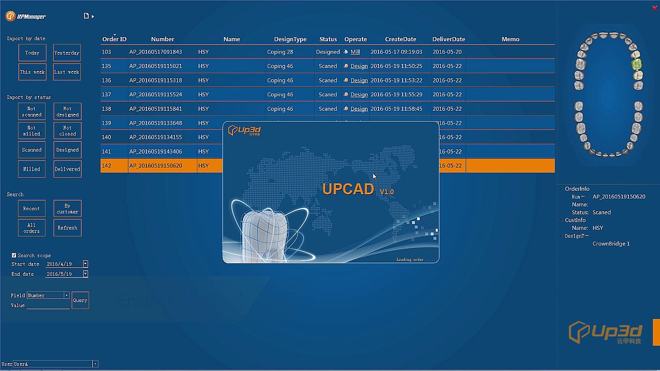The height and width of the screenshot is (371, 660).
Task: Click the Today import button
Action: [32, 53]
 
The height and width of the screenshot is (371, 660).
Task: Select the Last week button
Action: [67, 72]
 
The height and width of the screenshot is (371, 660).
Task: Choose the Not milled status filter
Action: [31, 131]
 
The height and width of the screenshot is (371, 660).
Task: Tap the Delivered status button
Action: [68, 169]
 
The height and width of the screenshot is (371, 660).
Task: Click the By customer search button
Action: [68, 209]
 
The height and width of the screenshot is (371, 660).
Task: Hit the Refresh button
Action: [68, 228]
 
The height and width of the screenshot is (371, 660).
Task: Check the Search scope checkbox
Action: [14, 255]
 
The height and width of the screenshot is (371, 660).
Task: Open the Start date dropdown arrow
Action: [85, 264]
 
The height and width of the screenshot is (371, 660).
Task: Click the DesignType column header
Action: [290, 39]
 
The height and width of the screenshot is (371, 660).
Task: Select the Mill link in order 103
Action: [355, 52]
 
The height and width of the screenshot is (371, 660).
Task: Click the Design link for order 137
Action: [359, 95]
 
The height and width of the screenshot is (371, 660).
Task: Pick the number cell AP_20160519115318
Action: [156, 80]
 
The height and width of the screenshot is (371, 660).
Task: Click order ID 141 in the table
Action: [106, 151]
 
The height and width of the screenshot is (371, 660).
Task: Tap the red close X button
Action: [655, 8]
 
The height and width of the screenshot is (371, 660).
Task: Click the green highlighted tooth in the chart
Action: [637, 64]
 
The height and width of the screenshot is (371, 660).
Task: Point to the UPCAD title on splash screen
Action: [349, 189]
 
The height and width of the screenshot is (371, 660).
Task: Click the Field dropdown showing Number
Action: [48, 295]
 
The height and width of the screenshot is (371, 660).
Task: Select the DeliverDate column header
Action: [449, 39]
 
